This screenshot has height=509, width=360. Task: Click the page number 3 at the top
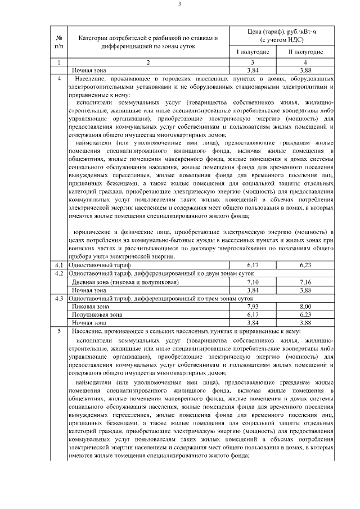click(x=179, y=4)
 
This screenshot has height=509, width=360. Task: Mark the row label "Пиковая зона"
click(x=90, y=307)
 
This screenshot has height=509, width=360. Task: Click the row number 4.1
click(x=59, y=264)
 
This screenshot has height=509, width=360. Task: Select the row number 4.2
click(x=59, y=273)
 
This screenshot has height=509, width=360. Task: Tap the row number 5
click(x=59, y=332)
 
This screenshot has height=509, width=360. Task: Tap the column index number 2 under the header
click(x=148, y=62)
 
